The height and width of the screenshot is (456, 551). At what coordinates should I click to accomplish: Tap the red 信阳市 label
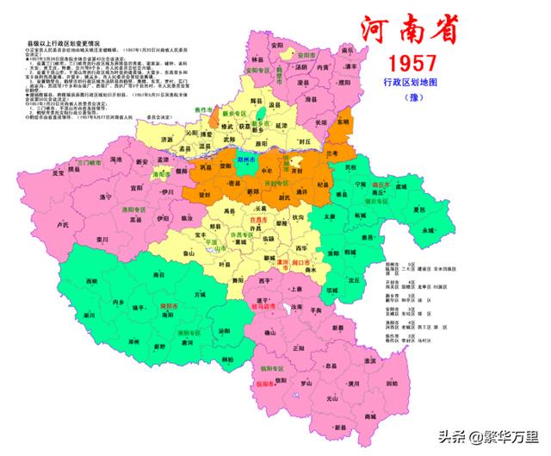[267, 383]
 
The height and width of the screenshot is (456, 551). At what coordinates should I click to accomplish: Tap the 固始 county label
[392, 383]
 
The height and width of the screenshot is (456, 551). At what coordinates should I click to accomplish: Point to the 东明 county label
[344, 122]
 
